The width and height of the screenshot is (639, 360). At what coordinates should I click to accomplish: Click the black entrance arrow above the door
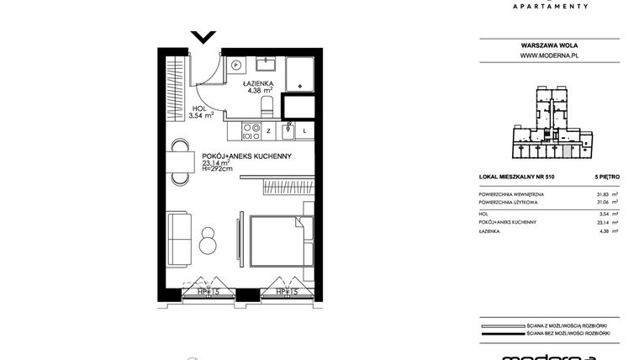(203, 37)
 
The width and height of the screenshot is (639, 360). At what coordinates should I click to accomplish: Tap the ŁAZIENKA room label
(256, 84)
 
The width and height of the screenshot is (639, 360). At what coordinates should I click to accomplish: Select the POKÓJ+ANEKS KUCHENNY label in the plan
(246, 156)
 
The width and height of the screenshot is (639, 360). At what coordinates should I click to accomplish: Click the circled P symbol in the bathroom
(236, 64)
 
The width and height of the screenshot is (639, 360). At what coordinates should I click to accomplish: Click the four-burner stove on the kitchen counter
(250, 131)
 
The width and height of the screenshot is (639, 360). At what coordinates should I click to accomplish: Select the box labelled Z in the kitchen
(268, 131)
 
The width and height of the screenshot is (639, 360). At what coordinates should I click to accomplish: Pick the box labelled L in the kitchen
(304, 131)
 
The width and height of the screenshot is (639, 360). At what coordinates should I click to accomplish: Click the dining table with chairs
(179, 161)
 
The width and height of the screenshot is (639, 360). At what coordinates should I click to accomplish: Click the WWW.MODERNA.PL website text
(551, 55)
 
